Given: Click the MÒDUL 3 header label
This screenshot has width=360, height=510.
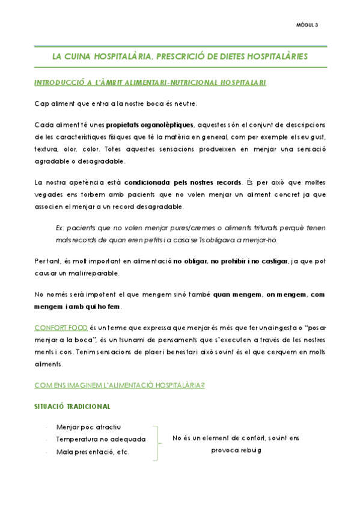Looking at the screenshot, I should (307, 25).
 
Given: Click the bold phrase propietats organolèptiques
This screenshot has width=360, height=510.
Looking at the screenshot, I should (150, 124).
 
